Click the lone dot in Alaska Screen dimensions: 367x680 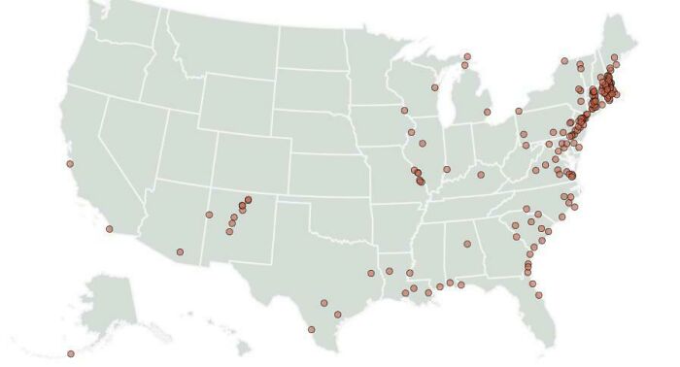tap(70, 353)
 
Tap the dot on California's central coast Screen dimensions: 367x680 tap(70, 164)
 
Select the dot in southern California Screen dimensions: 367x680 tap(109, 229)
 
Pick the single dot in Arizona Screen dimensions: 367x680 tap(180, 252)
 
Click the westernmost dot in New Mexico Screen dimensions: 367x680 tap(209, 215)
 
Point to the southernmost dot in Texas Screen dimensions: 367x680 tap(312, 329)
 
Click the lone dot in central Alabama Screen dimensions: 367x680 tap(466, 244)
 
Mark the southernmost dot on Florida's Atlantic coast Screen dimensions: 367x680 tap(537, 295)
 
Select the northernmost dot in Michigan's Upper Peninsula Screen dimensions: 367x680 tap(466, 56)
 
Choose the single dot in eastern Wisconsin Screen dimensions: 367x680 tap(434, 87)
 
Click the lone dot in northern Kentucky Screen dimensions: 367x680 tap(481, 175)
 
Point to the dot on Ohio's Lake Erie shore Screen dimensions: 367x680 tap(518, 111)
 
